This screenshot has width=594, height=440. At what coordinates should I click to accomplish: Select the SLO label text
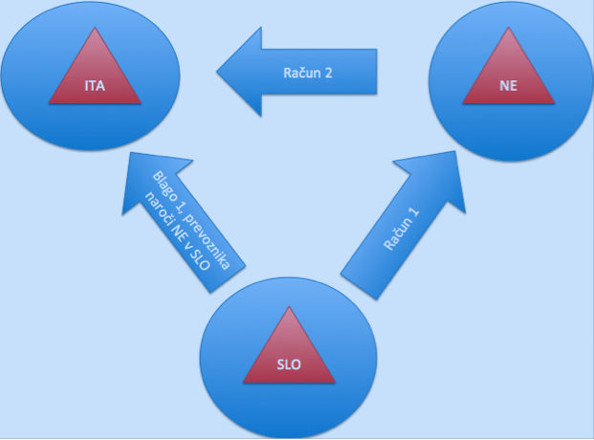pyautogui.click(x=288, y=363)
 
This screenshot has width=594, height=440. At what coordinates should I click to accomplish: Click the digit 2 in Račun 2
pyautogui.click(x=328, y=72)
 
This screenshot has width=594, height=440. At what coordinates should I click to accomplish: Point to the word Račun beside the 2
pyautogui.click(x=300, y=72)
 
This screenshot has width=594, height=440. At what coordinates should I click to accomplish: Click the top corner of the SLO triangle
pyautogui.click(x=289, y=308)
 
